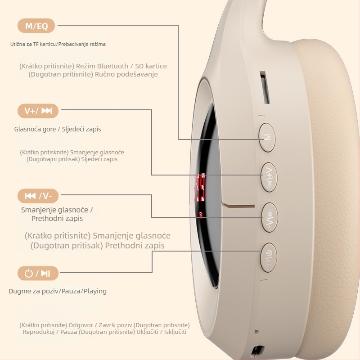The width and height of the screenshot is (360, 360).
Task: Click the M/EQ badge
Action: tap(36, 26)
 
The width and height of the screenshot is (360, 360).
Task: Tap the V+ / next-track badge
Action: tap(38, 111)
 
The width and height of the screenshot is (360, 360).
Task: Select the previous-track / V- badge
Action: tap(38, 196)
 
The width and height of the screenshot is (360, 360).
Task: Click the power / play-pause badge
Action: tap(38, 273)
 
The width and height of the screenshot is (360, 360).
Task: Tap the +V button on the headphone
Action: tap(269, 177)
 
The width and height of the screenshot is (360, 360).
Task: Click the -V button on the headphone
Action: tap(270, 217)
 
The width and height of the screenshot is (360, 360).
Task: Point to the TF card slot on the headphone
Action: tap(265, 87)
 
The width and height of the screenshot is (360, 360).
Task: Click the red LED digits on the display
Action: tap(199, 187)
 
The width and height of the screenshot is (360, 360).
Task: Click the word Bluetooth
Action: tap(113, 66)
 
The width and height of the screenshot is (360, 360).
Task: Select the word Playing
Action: tap(95, 291)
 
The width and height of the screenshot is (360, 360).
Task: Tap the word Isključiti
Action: tap(175, 332)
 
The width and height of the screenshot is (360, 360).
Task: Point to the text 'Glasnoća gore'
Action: tap(35, 129)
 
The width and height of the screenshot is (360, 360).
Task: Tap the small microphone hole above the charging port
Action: tap(256, 332)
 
